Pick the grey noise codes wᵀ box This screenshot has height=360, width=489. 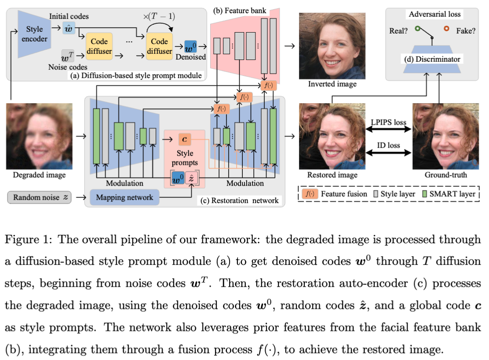point(67,56)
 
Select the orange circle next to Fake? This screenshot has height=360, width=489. point(447,29)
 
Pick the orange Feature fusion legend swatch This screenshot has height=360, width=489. point(310,194)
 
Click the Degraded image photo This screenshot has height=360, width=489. point(39,136)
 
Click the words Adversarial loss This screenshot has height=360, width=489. point(434,14)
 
